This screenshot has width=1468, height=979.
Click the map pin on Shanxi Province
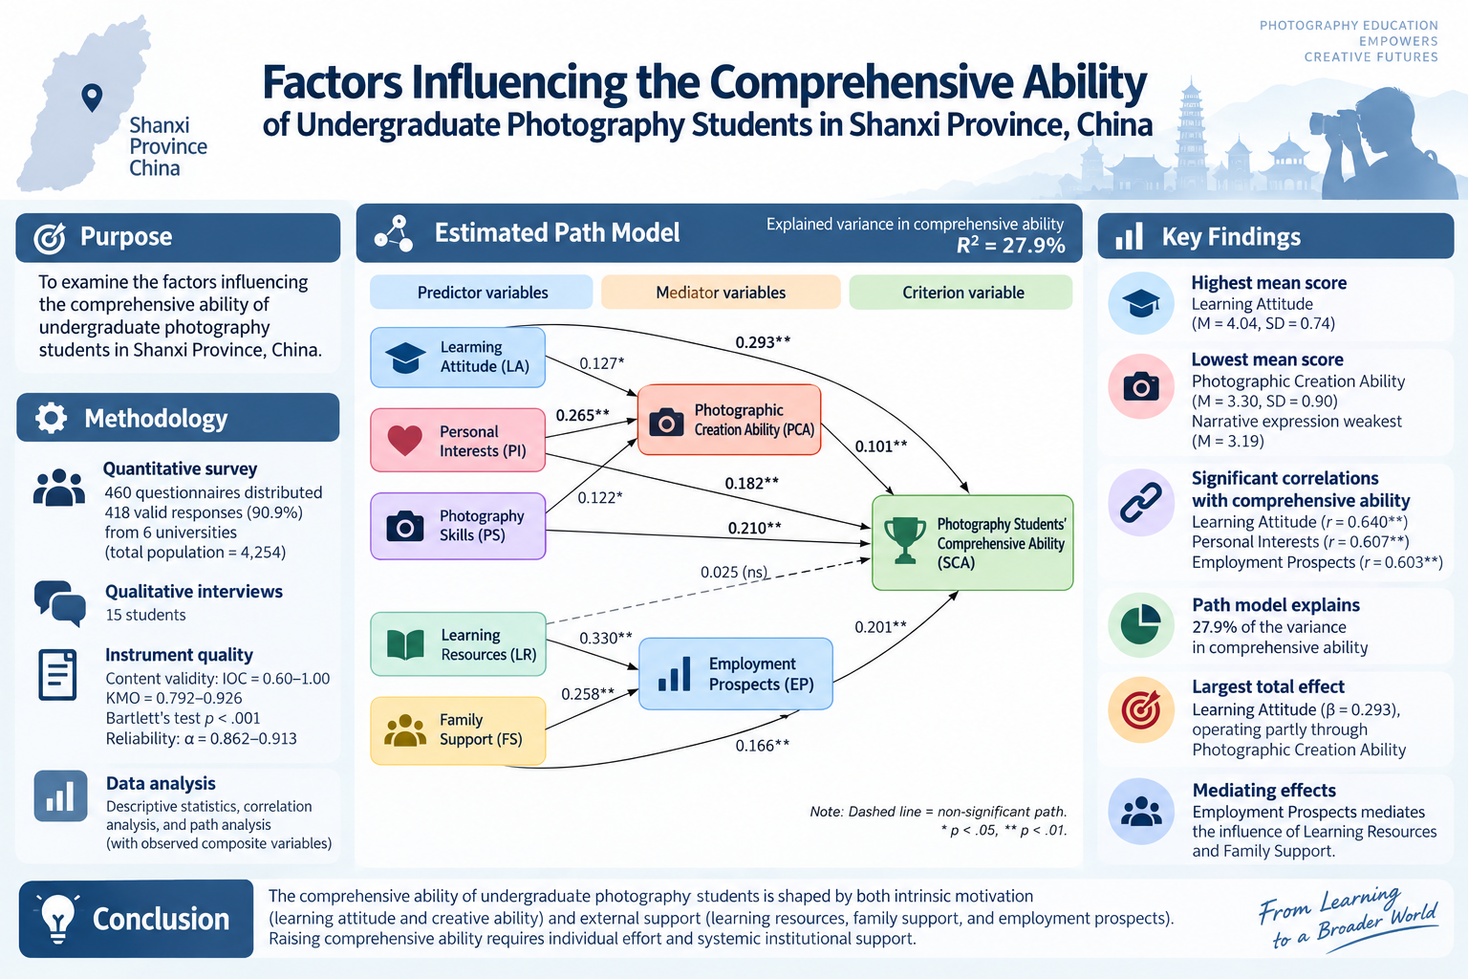tap(92, 98)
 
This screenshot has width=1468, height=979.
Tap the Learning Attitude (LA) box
tap(458, 358)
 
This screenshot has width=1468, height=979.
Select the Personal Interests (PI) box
tap(458, 440)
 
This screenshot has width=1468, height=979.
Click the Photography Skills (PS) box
tap(458, 526)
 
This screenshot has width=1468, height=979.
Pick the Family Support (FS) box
tap(458, 729)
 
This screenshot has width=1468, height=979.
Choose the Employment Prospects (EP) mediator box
tap(735, 673)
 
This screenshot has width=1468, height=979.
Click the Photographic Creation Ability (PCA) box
tap(729, 420)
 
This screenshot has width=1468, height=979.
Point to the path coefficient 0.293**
tap(763, 342)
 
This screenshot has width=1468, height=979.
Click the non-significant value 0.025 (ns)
tap(734, 572)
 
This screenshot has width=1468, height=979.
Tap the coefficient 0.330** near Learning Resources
tap(606, 638)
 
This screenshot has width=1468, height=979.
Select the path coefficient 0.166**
tap(762, 746)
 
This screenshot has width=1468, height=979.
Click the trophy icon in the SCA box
tap(905, 540)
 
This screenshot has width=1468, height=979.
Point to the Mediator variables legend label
tap(721, 293)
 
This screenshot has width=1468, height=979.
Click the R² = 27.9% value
tap(1010, 246)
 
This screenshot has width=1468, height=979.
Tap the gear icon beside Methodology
tap(51, 418)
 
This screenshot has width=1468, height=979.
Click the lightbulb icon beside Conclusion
tap(58, 918)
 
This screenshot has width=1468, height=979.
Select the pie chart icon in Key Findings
tap(1141, 625)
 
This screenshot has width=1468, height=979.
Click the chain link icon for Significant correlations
tap(1141, 503)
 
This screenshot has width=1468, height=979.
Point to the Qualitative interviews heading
tap(194, 592)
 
